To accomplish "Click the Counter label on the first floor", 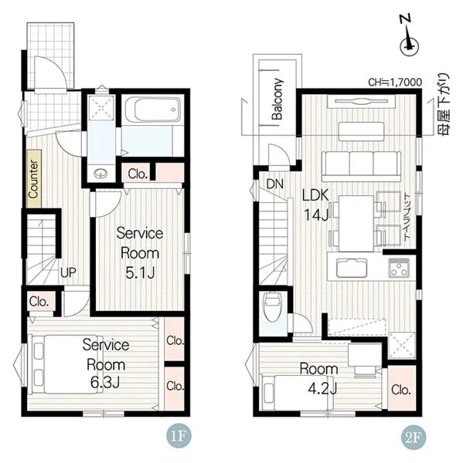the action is (34, 179).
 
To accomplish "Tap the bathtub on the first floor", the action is (152, 110).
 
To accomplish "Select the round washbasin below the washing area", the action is (100, 174).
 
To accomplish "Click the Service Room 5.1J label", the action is (140, 253).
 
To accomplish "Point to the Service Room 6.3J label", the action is (106, 363).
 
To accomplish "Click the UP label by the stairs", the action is (68, 272).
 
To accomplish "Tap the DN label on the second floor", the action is (275, 184).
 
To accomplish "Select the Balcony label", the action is (277, 99).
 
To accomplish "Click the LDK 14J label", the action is (315, 205).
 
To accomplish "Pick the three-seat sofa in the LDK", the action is (361, 166).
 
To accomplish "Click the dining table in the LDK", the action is (356, 224).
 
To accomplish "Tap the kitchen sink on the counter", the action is (352, 268).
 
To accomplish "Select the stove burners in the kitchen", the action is (399, 268).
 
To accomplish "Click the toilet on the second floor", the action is (273, 307).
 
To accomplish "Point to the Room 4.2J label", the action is (319, 379).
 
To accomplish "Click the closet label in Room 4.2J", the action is (401, 390).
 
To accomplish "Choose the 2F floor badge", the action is (414, 437).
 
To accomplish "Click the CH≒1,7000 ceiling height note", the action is (395, 82).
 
